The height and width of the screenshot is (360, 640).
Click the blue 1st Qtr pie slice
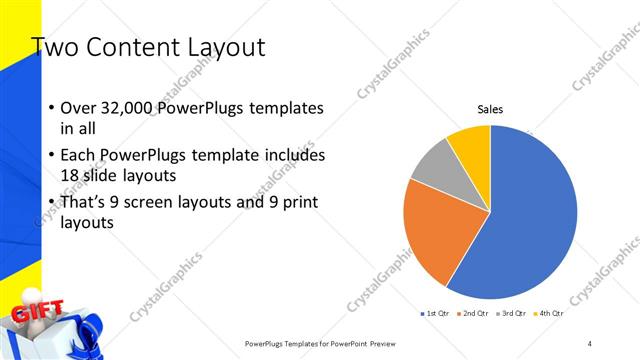click(530, 215)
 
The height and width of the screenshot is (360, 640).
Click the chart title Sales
click(490, 109)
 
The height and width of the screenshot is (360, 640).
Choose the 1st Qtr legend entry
click(435, 314)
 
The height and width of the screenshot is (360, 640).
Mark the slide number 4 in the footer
click(590, 343)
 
